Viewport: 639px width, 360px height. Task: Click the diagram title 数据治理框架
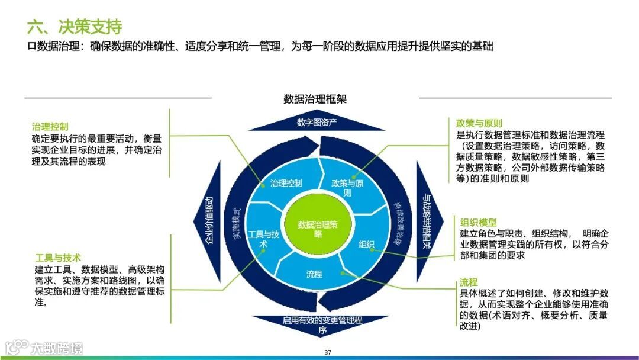point(315,99)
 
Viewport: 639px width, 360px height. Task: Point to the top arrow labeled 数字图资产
point(317,123)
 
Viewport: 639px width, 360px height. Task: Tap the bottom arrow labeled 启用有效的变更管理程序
point(322,324)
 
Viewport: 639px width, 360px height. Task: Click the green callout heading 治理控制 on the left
point(50,126)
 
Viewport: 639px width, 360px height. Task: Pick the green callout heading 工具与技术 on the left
point(57,258)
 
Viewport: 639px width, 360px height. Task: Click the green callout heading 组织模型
point(478,221)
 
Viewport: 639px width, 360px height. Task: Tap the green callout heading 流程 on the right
point(469,282)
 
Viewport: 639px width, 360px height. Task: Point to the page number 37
point(328,353)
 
